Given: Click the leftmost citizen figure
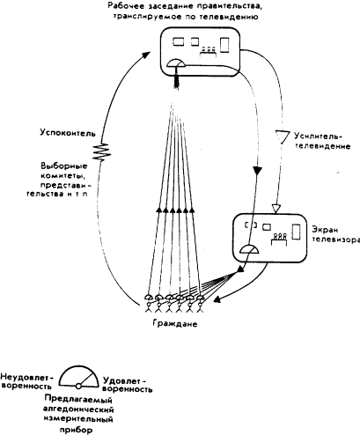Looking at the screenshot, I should [147, 304].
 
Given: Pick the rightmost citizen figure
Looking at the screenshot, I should [204, 304].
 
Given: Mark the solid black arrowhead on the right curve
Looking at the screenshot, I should [256, 170].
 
